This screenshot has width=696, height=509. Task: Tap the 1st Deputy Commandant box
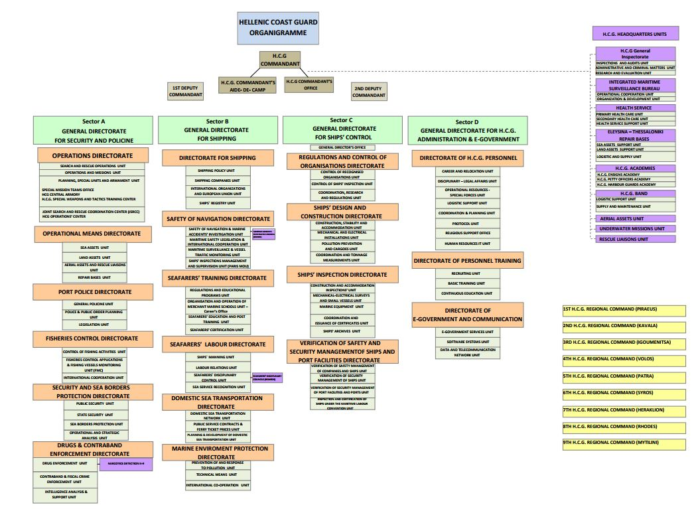(x=186, y=92)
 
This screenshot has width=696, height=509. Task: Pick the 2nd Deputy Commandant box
(x=369, y=92)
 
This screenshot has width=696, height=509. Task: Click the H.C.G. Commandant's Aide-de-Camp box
(x=247, y=86)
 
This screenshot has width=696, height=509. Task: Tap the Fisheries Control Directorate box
(x=92, y=338)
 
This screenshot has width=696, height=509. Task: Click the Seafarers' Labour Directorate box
(x=218, y=344)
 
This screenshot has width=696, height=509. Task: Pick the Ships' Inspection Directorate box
(x=342, y=274)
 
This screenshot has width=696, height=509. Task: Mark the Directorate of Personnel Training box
(x=467, y=261)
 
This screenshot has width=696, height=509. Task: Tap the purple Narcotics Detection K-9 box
(x=125, y=464)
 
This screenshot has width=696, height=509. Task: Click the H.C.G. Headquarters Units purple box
(x=635, y=33)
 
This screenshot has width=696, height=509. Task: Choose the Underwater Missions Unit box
(x=635, y=228)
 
